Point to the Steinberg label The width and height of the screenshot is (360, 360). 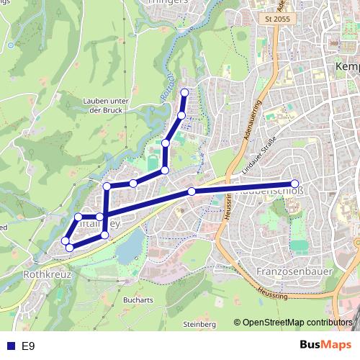click(x=200, y=325)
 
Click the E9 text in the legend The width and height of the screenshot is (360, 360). click(x=29, y=346)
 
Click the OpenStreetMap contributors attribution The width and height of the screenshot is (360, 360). click(x=297, y=323)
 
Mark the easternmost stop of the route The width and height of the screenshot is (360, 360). click(x=294, y=184)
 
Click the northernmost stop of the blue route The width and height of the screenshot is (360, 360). click(x=185, y=92)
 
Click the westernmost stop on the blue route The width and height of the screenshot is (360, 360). click(x=65, y=240)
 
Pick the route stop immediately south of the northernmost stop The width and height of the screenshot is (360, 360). click(x=181, y=115)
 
